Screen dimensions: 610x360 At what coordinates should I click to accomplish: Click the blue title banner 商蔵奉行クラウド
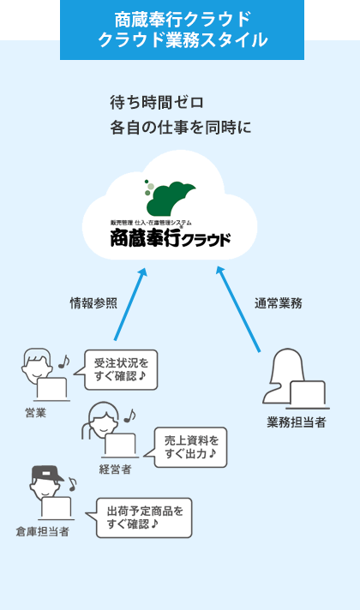182,30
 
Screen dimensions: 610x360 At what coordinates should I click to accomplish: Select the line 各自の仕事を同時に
180,128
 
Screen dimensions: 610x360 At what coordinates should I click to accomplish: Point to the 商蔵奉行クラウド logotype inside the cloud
170,236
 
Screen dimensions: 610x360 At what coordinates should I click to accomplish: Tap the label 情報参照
93,302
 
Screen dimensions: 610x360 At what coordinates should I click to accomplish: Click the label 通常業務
278,302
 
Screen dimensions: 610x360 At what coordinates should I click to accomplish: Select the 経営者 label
114,469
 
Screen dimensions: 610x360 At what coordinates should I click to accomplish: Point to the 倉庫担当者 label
42,531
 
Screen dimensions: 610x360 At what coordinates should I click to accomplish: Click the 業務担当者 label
296,422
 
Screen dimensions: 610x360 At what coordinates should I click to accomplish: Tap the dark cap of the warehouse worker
47,473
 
